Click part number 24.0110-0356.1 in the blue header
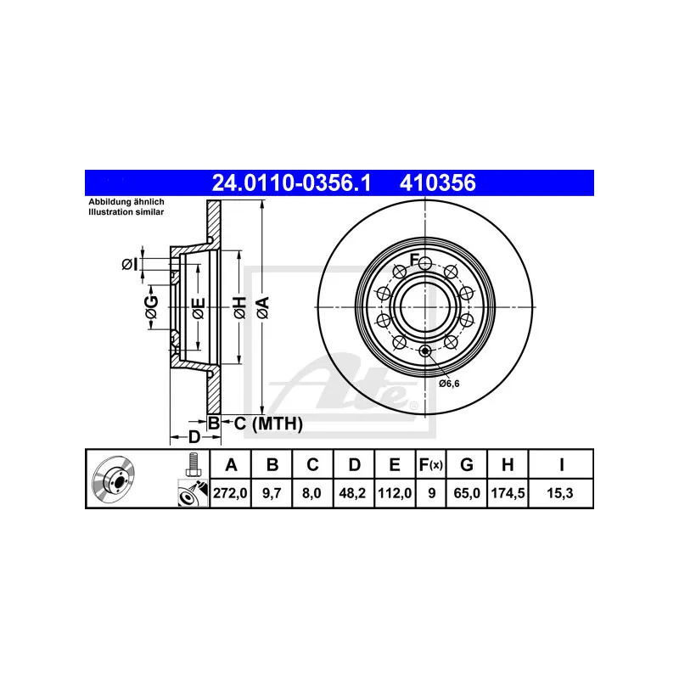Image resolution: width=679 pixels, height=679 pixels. click(291, 182)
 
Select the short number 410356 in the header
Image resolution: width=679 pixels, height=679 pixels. click(438, 182)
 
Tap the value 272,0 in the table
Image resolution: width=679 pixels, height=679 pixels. click(230, 493)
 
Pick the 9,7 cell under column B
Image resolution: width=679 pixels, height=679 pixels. click(272, 493)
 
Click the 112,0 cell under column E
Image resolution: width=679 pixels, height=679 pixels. click(395, 493)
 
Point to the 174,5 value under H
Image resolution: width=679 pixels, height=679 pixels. click(508, 493)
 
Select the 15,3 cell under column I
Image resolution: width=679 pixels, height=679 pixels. click(560, 493)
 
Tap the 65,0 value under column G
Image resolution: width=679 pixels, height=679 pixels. click(466, 493)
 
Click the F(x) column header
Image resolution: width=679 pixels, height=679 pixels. click(431, 464)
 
